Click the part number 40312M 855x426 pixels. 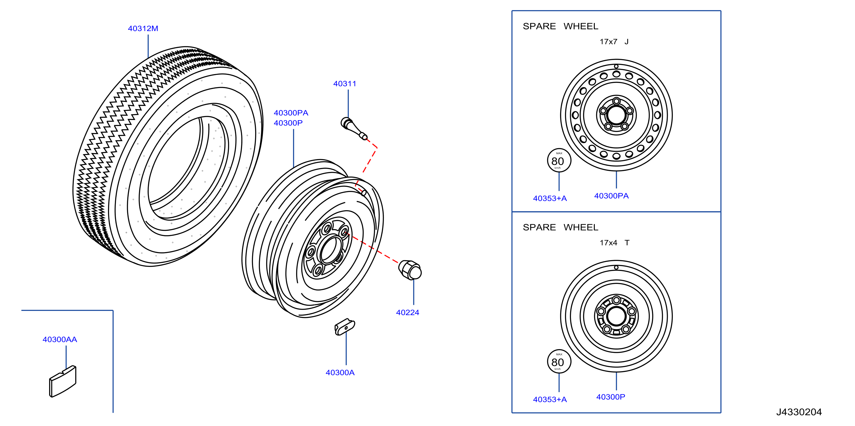click(143, 28)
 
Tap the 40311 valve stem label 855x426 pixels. click(345, 84)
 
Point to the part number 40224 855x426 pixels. click(408, 313)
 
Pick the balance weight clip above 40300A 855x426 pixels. click(345, 327)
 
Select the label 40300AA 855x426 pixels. click(60, 339)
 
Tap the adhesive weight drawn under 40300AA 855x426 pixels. click(63, 381)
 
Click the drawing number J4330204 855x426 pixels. click(799, 412)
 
